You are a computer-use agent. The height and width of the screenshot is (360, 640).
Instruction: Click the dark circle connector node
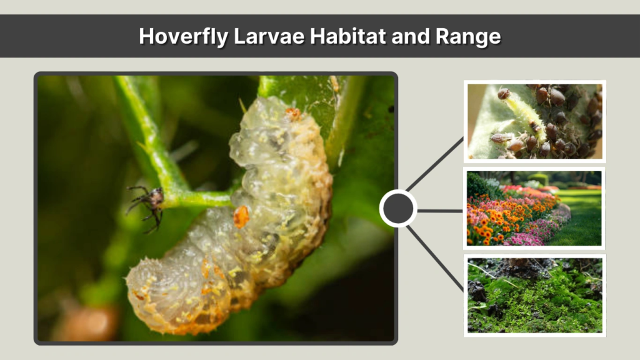(398, 209)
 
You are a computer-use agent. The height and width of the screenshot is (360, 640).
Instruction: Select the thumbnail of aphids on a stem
(534, 121)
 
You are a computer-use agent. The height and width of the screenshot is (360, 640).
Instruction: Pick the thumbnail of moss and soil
(534, 295)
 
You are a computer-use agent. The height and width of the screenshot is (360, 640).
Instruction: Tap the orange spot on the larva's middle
(241, 216)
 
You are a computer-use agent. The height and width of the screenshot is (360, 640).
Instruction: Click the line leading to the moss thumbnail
(436, 256)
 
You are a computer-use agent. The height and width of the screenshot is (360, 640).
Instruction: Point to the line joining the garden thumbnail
(440, 211)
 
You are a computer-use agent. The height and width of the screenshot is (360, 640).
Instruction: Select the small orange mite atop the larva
(292, 113)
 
